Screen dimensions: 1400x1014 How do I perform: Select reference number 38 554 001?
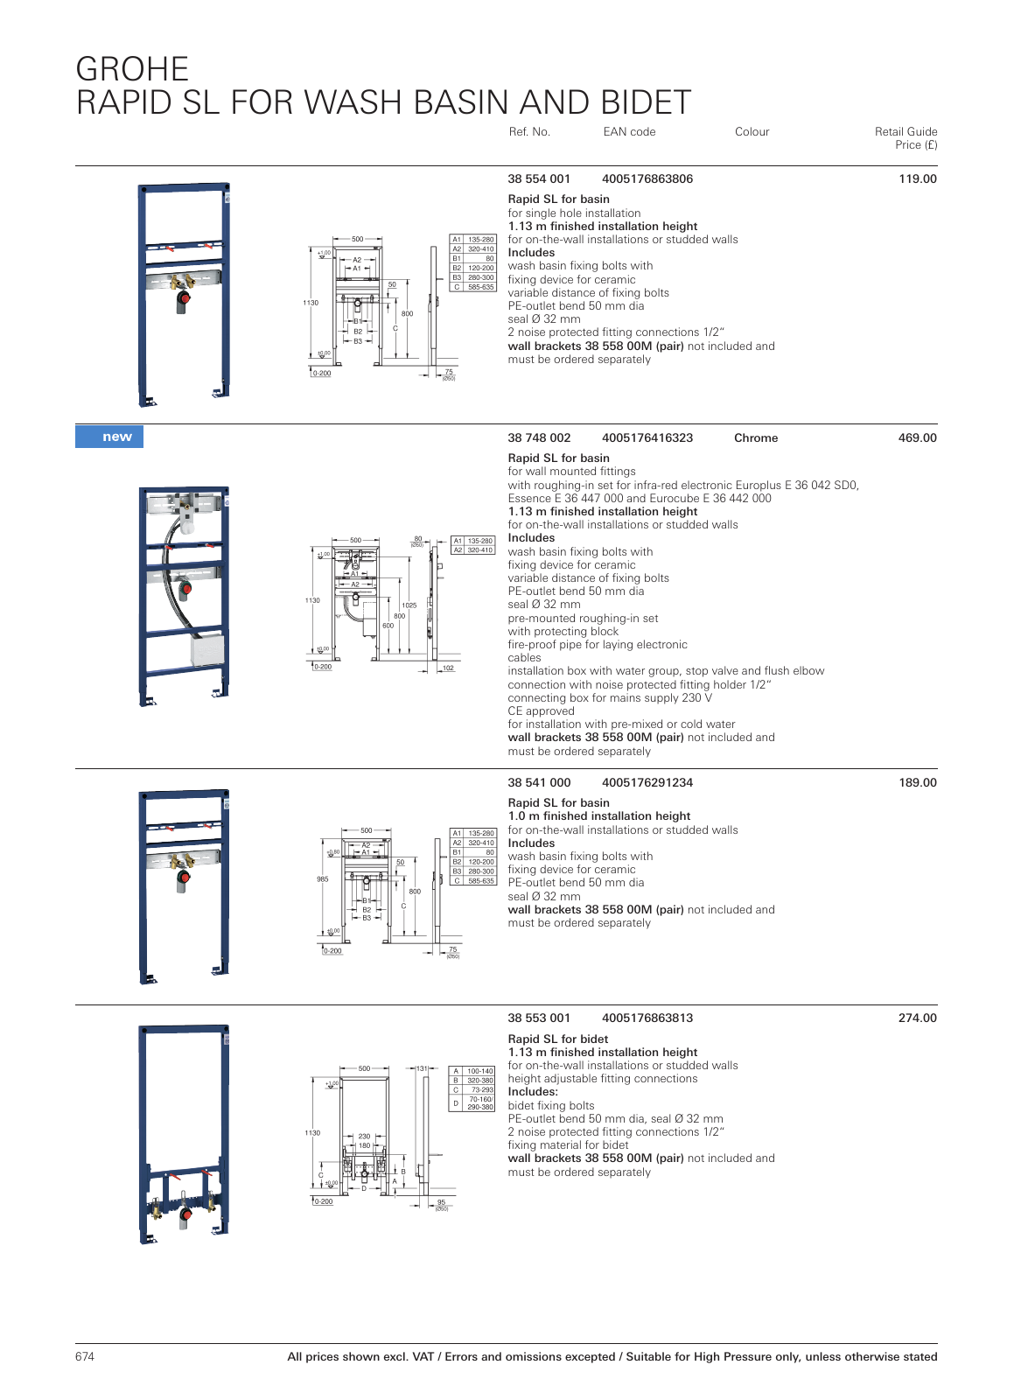[539, 178]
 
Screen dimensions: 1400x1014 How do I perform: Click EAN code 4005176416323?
[647, 437]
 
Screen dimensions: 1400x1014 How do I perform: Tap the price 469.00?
[917, 437]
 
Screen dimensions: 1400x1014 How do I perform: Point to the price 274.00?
[917, 1018]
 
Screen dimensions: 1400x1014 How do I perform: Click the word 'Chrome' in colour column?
[756, 437]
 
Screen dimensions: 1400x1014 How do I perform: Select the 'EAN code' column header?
[629, 132]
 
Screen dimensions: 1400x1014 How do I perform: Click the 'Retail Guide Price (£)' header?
[906, 138]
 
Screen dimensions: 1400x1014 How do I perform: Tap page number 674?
[85, 1356]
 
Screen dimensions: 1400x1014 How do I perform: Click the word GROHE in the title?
[132, 69]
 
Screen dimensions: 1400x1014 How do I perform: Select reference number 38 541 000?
[539, 782]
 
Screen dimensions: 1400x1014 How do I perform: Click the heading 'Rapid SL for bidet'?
[557, 1039]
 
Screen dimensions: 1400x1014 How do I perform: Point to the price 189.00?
[917, 782]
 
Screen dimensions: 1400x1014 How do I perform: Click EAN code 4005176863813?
[647, 1018]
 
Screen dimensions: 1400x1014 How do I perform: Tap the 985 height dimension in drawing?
[323, 879]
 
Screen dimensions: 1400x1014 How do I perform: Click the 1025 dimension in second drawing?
[409, 605]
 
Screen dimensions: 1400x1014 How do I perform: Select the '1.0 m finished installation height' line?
[598, 815]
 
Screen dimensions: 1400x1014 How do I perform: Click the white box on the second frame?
[207, 650]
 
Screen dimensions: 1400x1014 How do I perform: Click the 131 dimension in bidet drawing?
[422, 1068]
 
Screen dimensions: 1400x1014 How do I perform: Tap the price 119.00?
[917, 178]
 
